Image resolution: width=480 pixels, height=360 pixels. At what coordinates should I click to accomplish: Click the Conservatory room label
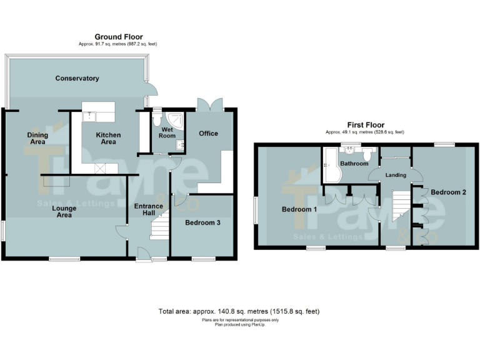77,78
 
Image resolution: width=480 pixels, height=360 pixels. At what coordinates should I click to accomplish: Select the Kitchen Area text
108,138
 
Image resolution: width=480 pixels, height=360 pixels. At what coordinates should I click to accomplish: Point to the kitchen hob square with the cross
99,168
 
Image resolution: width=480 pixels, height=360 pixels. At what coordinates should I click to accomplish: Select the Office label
208,133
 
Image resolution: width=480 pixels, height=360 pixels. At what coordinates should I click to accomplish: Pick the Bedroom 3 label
202,222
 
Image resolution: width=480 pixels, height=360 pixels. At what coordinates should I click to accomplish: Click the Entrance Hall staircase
161,224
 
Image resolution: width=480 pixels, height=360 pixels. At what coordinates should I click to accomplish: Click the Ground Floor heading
118,37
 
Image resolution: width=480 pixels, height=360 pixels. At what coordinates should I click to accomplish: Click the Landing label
396,175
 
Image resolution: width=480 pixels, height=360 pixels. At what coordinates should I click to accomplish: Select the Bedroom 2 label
448,192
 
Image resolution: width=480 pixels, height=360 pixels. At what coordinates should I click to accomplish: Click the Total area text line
239,311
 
